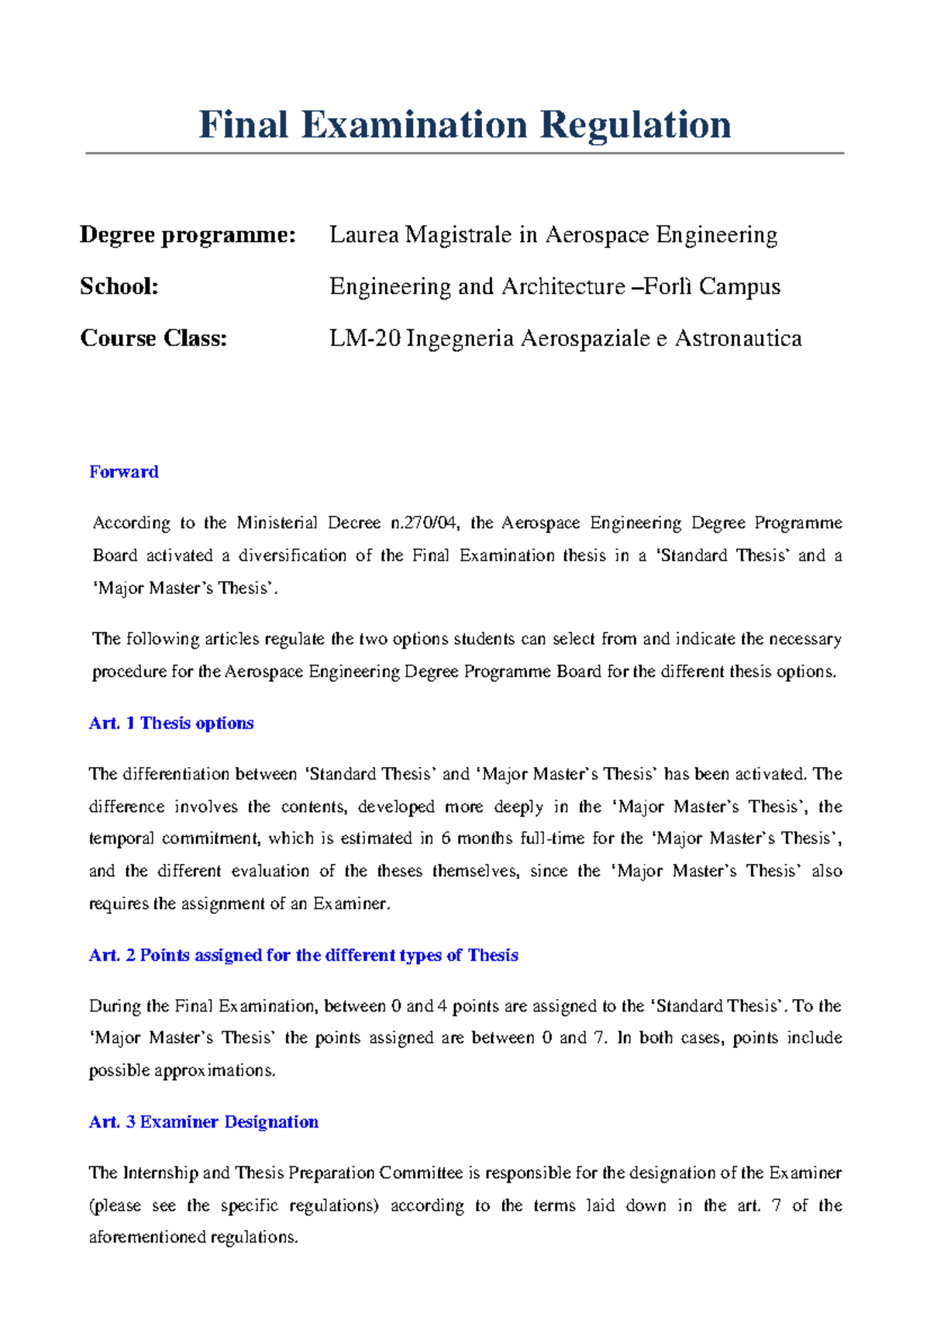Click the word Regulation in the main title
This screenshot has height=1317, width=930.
635,126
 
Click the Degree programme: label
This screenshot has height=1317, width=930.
188,234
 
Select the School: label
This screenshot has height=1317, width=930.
119,286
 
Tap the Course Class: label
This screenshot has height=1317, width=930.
153,338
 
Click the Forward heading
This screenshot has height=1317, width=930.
124,472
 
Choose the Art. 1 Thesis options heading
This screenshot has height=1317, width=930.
171,723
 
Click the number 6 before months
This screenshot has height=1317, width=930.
446,838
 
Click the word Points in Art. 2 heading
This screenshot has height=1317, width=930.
164,955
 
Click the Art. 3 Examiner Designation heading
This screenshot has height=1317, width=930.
204,1122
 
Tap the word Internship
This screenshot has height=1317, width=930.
160,1173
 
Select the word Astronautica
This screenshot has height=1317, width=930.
738,338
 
